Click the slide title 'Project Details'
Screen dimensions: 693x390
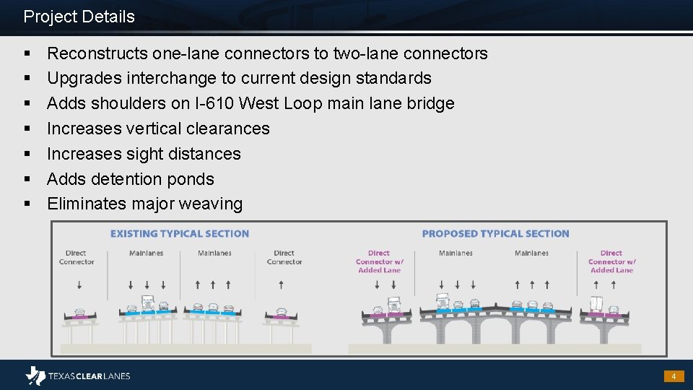(x=79, y=17)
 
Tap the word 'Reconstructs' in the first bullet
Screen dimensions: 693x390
(x=97, y=53)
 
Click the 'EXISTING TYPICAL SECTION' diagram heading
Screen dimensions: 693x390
(x=179, y=234)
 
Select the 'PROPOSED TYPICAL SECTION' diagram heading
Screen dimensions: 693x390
(x=495, y=234)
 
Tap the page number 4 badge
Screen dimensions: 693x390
(x=674, y=376)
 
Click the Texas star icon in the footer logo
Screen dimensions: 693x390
(x=35, y=376)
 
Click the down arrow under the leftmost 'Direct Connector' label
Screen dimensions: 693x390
(x=75, y=285)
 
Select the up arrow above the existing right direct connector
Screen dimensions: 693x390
(x=284, y=285)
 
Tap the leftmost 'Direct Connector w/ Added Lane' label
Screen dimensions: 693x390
(x=378, y=261)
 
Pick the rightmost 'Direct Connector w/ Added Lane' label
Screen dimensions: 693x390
(x=611, y=261)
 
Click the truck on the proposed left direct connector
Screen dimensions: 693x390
(x=394, y=305)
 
